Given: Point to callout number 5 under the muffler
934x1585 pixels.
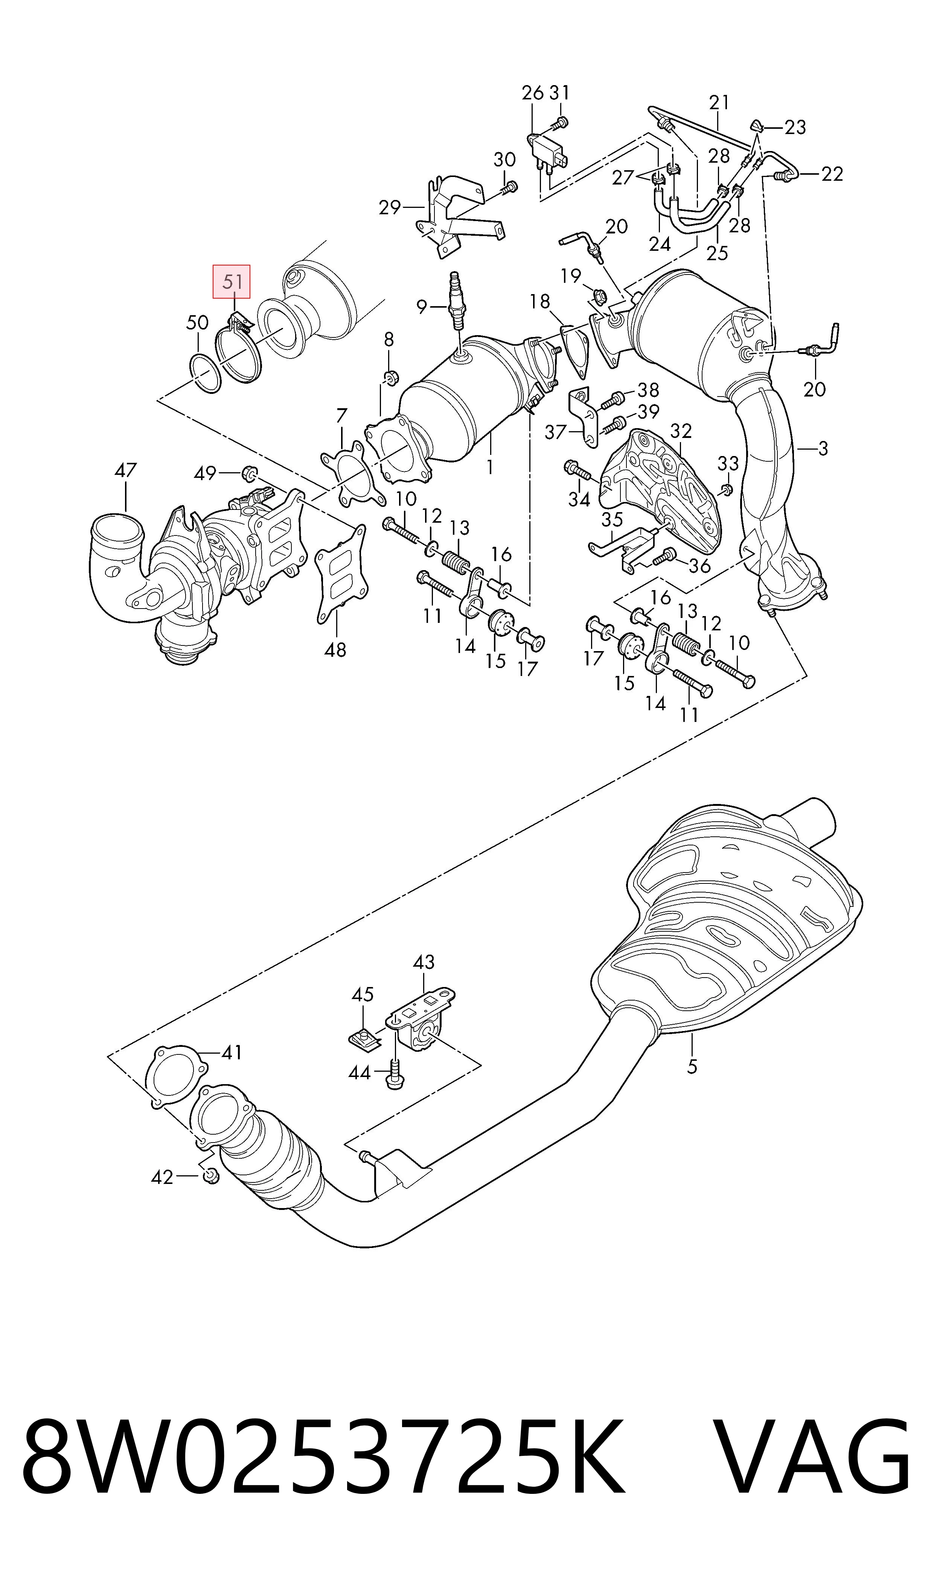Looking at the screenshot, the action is (692, 1066).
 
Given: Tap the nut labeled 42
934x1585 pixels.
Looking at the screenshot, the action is (212, 1175).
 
